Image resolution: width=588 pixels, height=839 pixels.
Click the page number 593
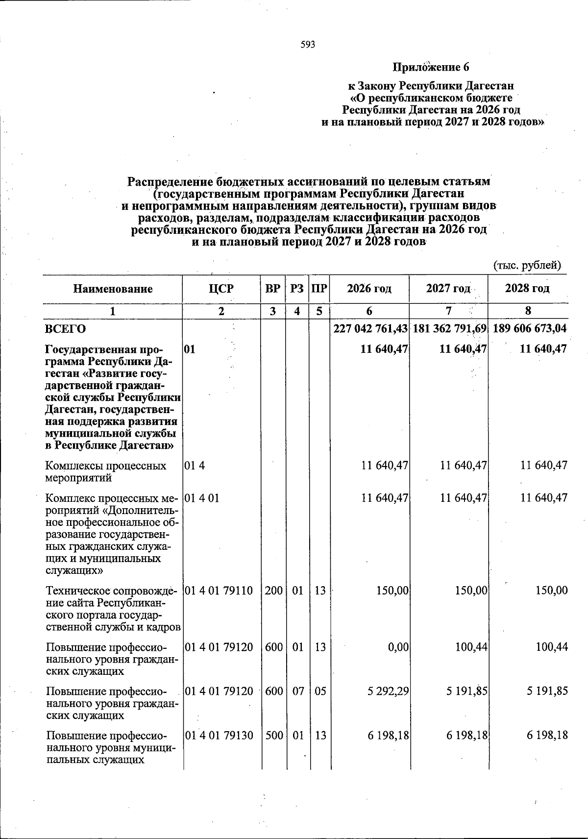coord(308,45)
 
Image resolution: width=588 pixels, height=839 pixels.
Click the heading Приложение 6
coord(431,67)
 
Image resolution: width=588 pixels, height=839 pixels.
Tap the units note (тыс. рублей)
coord(526,266)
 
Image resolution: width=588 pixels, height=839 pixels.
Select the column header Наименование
coord(113,289)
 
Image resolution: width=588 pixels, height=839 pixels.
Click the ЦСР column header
coord(221,289)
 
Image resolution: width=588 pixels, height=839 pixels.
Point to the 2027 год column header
coord(448,289)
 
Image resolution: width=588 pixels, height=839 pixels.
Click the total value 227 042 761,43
coord(370,329)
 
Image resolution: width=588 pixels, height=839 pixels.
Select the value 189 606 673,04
coord(530,329)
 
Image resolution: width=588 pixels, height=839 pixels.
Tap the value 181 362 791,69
coord(449,329)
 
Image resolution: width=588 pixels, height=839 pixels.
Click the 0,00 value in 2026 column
coord(398,647)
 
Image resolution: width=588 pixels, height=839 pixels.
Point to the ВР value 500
coord(273,736)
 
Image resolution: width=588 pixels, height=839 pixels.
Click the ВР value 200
coord(273,591)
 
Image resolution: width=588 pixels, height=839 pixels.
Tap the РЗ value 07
coord(297,691)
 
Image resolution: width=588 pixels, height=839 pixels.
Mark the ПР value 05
coord(319,691)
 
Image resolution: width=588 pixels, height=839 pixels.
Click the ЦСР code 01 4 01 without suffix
coord(202,498)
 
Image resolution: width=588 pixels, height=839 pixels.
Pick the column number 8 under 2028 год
coord(528,311)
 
